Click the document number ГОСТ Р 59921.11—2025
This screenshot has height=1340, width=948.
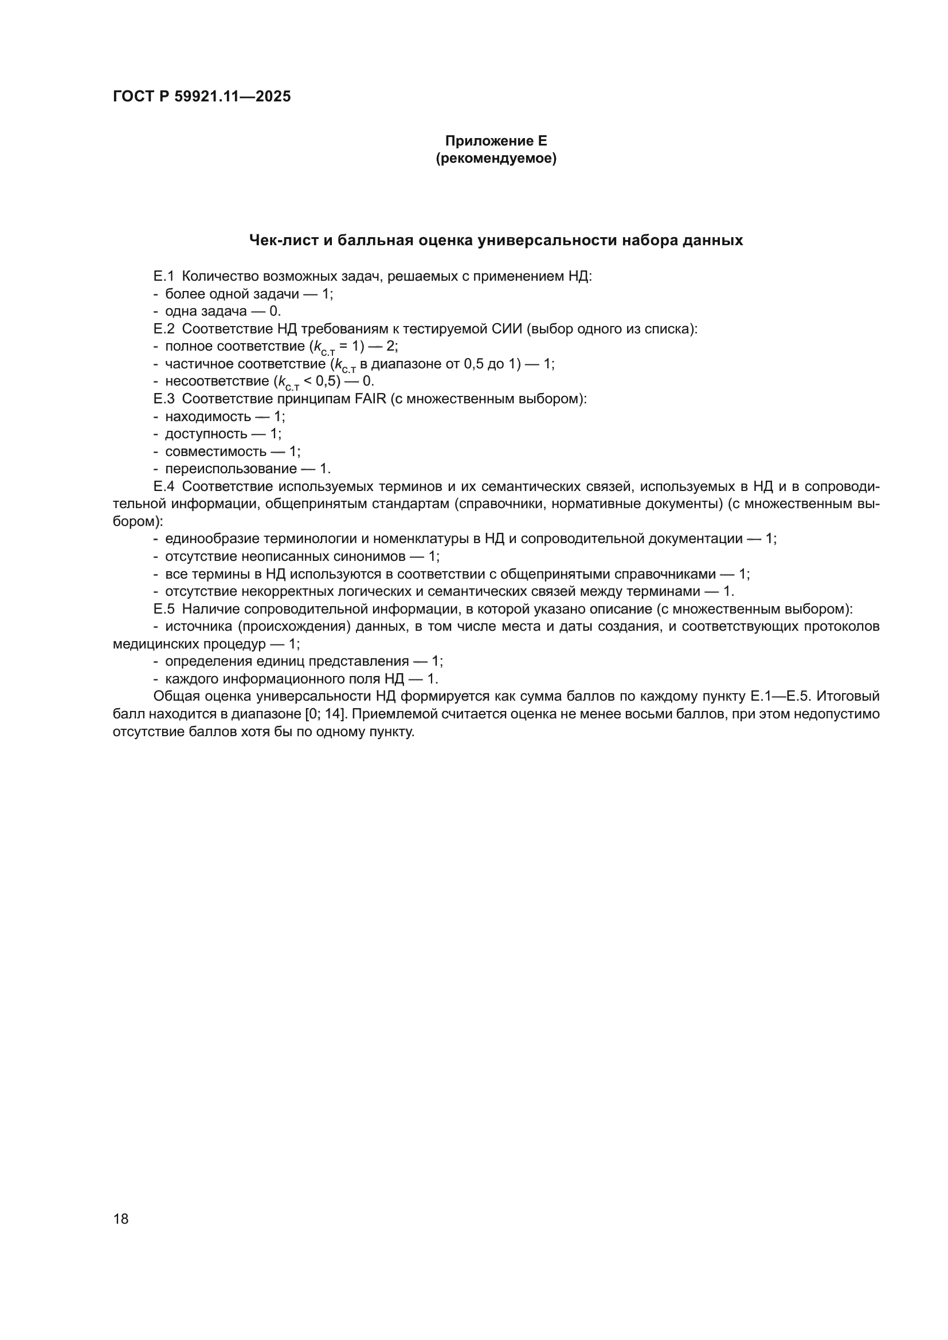pyautogui.click(x=201, y=97)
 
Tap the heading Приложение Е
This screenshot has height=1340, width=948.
pyautogui.click(x=496, y=141)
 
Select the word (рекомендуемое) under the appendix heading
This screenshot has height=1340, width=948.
pyautogui.click(x=496, y=158)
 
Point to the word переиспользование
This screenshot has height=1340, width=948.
pyautogui.click(x=230, y=469)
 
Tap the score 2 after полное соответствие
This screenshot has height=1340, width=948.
pyautogui.click(x=390, y=347)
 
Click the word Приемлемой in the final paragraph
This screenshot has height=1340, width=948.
pyautogui.click(x=391, y=714)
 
